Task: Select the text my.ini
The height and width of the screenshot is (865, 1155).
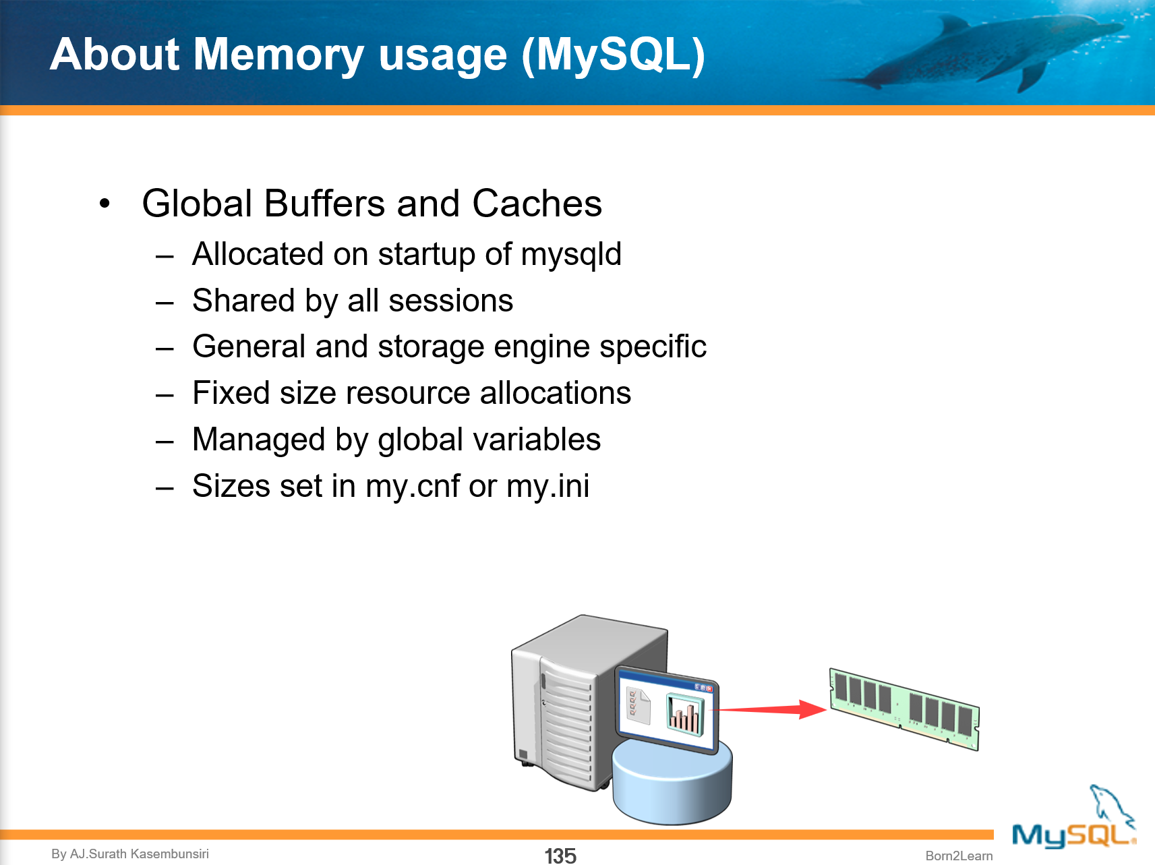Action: pyautogui.click(x=547, y=486)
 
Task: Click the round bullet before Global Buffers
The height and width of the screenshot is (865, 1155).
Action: pyautogui.click(x=105, y=203)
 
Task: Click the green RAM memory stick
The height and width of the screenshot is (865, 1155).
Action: pyautogui.click(x=904, y=708)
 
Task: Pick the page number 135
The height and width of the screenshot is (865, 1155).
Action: pyautogui.click(x=560, y=856)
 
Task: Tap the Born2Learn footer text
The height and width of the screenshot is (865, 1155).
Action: pyautogui.click(x=959, y=856)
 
